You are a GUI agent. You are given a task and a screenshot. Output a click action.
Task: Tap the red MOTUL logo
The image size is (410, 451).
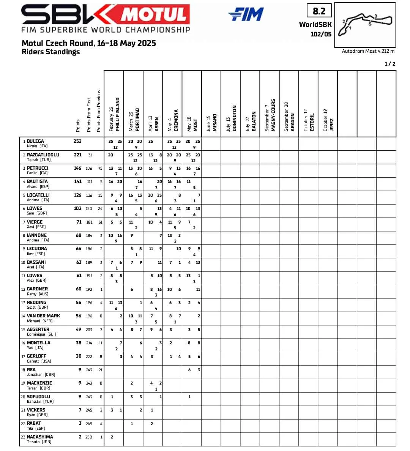[x=155, y=15]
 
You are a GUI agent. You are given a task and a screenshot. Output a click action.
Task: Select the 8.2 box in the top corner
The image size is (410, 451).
[x=319, y=11]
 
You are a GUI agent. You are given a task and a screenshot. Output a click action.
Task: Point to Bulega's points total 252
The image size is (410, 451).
[x=77, y=141]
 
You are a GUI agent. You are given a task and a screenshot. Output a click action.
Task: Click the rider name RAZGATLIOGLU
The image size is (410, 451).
[x=43, y=155]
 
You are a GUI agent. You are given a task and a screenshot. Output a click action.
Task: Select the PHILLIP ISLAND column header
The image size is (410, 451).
[x=117, y=114]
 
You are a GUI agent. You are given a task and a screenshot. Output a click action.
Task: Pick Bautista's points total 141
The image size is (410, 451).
[x=78, y=181]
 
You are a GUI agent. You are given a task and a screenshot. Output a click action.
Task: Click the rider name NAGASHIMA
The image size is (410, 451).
[x=40, y=437]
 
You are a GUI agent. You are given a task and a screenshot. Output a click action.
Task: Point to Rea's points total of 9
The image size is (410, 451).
[x=80, y=370]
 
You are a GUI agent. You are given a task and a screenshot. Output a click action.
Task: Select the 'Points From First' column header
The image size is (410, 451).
[x=89, y=115]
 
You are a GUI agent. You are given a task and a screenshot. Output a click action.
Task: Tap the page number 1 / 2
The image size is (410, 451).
[x=390, y=64]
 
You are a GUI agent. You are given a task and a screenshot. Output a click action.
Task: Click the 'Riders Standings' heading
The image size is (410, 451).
[x=51, y=52]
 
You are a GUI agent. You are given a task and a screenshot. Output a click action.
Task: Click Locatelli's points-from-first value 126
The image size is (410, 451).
[x=89, y=196]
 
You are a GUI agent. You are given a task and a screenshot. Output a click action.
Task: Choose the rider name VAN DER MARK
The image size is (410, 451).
[x=43, y=316]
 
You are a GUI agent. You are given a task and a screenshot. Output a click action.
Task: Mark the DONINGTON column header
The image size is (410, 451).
[x=234, y=118]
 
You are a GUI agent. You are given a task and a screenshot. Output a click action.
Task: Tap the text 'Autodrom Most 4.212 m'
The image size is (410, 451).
[x=368, y=51]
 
